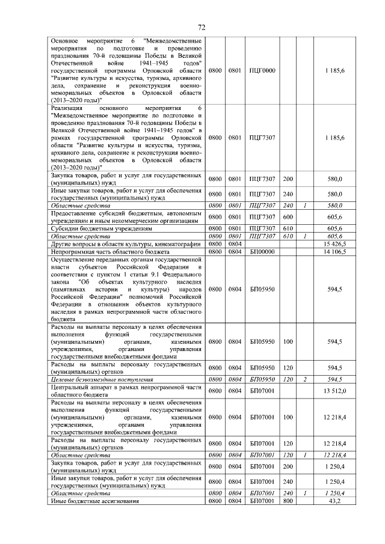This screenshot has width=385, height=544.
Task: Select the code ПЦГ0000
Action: click(262, 70)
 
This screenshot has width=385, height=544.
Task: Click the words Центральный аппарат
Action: click(81, 387)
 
